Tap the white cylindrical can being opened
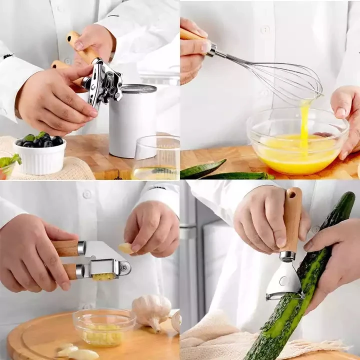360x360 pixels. [132, 125]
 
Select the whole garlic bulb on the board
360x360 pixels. [151, 310]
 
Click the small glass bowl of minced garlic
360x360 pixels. [103, 327]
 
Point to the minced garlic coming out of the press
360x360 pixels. [104, 276]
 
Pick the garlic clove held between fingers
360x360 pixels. [126, 248]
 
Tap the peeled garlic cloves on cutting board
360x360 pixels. [75, 351]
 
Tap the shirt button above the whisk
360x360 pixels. [265, 29]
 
